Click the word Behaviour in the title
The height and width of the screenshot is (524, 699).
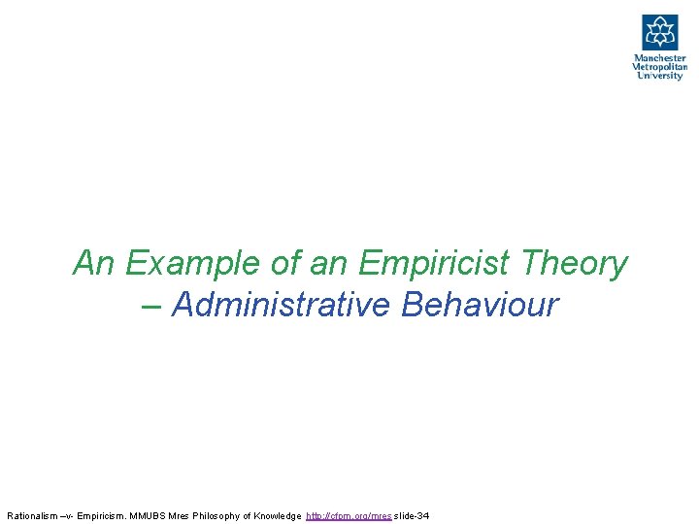[x=480, y=305]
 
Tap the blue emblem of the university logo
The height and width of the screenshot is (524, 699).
[x=659, y=32]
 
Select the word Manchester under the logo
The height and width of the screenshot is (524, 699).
[x=659, y=58]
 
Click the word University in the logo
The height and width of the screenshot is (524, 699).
[x=659, y=76]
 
